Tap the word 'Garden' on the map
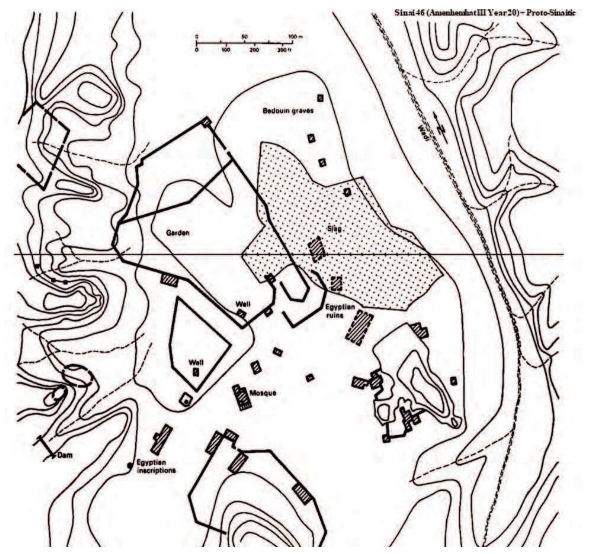click(x=177, y=233)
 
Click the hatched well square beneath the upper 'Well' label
click(x=241, y=314)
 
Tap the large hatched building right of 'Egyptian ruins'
click(x=359, y=327)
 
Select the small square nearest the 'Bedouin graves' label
click(x=320, y=98)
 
